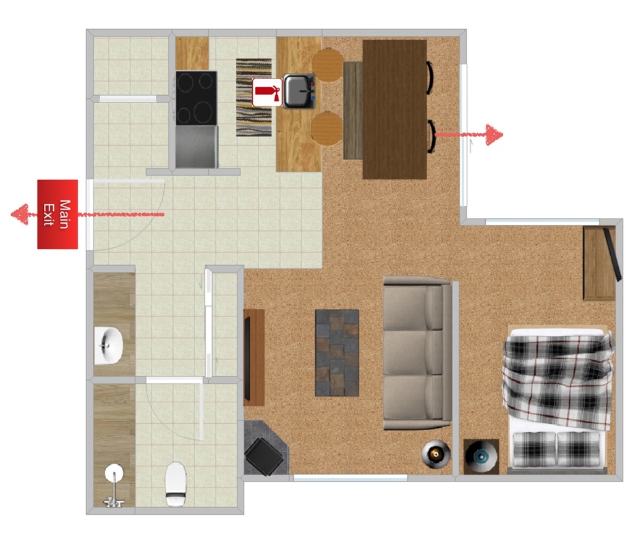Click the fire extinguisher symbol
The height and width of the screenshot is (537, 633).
[x=267, y=93]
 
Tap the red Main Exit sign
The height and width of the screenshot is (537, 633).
[x=57, y=214]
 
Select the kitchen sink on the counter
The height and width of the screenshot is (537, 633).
[x=299, y=91]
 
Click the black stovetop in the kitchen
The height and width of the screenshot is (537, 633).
[x=196, y=98]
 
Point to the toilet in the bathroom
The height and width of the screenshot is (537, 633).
[x=176, y=484]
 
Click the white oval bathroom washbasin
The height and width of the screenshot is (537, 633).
[x=108, y=346]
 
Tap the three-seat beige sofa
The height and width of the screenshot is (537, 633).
[x=417, y=353]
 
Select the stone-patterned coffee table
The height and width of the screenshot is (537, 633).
[x=337, y=353]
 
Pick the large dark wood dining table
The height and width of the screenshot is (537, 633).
[x=395, y=109]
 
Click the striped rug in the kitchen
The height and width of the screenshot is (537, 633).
[x=254, y=97]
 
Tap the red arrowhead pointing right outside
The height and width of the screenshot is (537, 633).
[x=495, y=135]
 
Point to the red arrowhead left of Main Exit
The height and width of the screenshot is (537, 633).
[x=20, y=214]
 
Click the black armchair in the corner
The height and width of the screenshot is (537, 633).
[x=263, y=456]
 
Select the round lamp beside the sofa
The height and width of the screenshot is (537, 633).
[x=436, y=454]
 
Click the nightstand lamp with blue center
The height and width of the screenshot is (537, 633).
[x=480, y=456]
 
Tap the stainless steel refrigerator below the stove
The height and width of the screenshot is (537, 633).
[x=197, y=146]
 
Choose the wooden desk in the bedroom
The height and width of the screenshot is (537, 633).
[x=600, y=263]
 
